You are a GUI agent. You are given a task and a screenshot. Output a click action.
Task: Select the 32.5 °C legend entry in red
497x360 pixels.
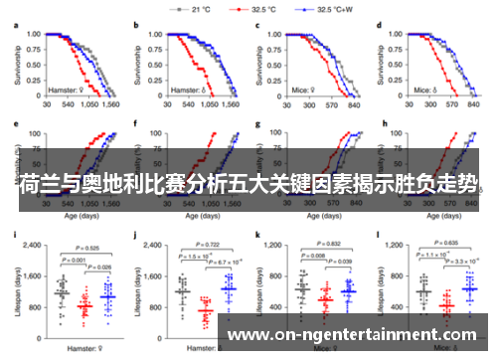click(x=264, y=9)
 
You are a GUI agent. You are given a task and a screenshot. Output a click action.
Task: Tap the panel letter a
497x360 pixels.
click(x=14, y=22)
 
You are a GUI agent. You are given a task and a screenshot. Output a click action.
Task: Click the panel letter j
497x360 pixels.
click(x=135, y=235)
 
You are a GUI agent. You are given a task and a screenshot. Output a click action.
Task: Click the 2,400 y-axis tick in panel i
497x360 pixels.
click(x=26, y=245)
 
